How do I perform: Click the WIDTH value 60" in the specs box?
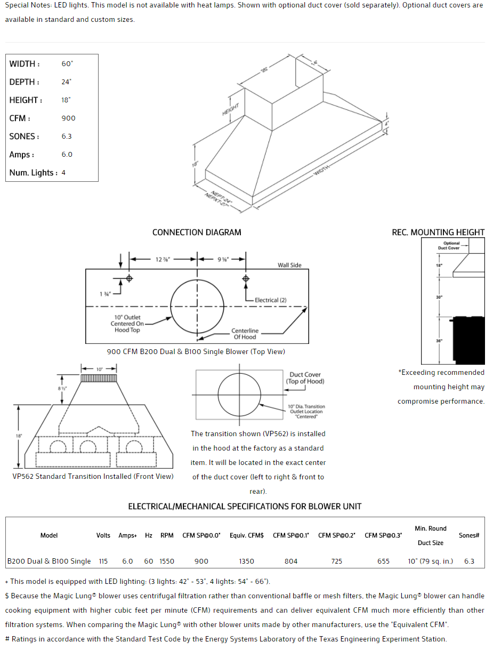[x=67, y=64]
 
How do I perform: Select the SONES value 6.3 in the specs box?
[x=67, y=137]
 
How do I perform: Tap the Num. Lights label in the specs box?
[x=32, y=173]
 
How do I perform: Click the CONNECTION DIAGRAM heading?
[x=197, y=232]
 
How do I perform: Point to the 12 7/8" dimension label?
[x=163, y=260]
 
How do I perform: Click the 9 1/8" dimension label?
[x=223, y=260]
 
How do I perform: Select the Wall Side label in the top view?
[x=289, y=265]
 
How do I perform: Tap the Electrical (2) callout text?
[x=270, y=300]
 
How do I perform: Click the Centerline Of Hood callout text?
[x=245, y=334]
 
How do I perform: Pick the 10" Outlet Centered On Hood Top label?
[x=127, y=324]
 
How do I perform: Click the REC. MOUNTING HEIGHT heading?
[x=438, y=232]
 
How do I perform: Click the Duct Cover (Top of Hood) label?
[x=305, y=378]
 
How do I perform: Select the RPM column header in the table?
[x=167, y=535]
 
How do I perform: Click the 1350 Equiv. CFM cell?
[x=247, y=561]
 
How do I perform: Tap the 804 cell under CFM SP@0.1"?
[x=291, y=561]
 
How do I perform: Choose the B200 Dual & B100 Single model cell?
[x=49, y=561]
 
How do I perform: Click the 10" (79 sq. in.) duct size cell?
[x=431, y=561]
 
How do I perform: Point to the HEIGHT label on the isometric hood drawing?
[x=230, y=110]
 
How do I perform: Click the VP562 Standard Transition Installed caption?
[x=93, y=476]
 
